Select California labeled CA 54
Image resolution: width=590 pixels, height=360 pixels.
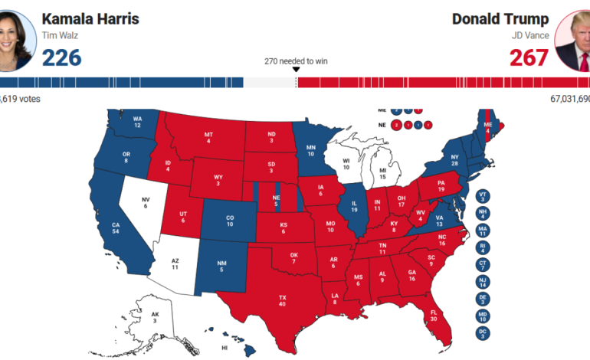tap(115, 227)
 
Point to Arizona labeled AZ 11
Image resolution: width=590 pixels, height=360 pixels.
tap(174, 264)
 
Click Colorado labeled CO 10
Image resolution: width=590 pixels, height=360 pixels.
tap(229, 220)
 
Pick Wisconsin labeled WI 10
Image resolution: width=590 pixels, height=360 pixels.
tap(346, 162)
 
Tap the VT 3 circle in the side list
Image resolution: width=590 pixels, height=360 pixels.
tap(483, 197)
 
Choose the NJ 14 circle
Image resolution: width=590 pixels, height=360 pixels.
tap(483, 281)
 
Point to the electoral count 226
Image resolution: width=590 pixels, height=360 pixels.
tap(61, 57)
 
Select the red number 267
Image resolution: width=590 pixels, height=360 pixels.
tap(529, 57)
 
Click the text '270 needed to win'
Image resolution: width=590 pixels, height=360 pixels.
tap(296, 61)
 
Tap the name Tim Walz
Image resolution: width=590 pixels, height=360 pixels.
tap(59, 35)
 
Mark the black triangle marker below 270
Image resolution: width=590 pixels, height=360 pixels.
tap(296, 70)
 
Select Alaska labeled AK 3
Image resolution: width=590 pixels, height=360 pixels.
tap(155, 317)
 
